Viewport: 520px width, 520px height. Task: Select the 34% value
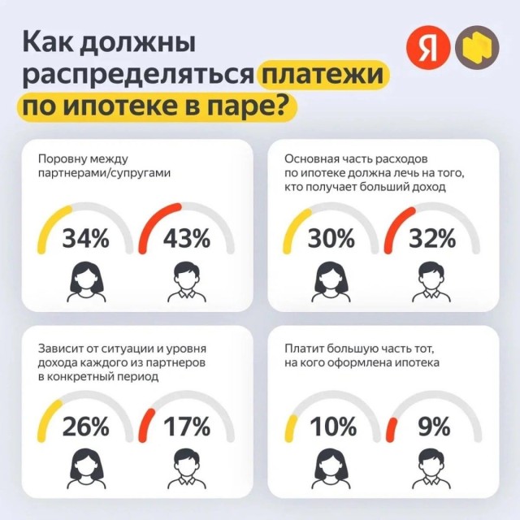(85, 239)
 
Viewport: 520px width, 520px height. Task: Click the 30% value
(331, 239)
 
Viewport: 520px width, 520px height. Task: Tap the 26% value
(85, 426)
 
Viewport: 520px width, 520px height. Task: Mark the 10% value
(331, 426)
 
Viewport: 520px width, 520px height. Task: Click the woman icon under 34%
(86, 280)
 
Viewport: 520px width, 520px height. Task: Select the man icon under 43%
(187, 280)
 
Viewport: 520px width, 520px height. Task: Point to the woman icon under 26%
(86, 467)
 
